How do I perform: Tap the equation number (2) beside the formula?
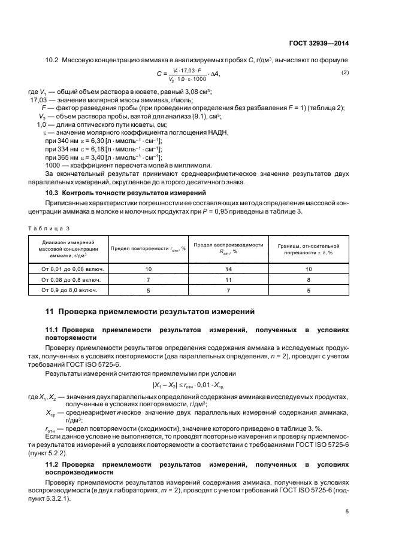[x=345, y=72]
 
